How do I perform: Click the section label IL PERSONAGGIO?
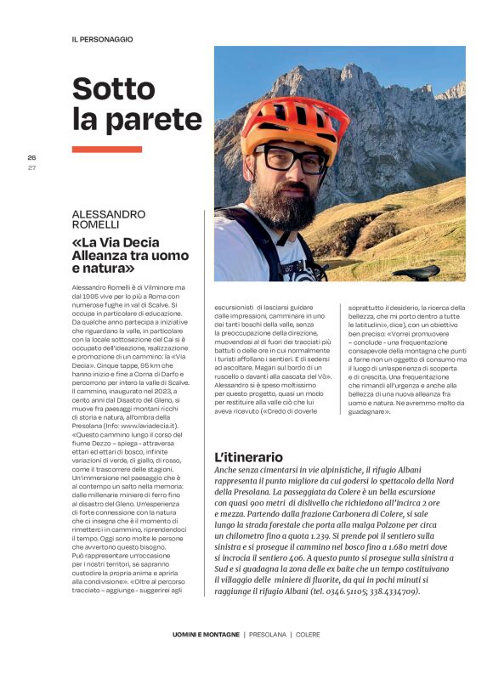(103, 39)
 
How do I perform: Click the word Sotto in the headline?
(119, 88)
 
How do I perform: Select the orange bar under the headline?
(106, 150)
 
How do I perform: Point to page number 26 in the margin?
(31, 158)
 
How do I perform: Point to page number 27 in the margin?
(31, 167)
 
